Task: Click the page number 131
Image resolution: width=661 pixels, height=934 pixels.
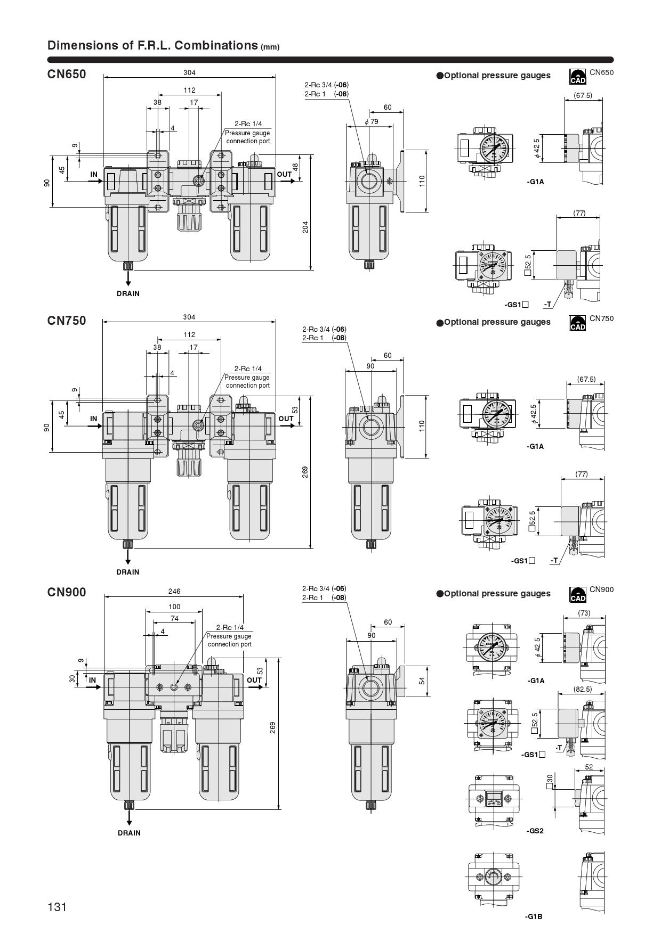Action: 57,907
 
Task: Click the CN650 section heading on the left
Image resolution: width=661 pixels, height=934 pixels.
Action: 67,74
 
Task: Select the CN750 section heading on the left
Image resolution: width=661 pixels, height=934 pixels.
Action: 67,321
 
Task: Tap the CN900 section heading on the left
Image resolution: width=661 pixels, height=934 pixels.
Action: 67,592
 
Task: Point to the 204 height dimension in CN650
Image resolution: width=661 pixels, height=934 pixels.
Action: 305,227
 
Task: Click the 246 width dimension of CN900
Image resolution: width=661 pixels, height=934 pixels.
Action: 174,591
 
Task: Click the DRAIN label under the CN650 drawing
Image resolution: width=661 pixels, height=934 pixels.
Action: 128,293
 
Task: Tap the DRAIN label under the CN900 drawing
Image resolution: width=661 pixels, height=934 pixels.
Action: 129,833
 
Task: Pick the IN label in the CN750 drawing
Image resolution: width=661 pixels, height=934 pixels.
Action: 94,419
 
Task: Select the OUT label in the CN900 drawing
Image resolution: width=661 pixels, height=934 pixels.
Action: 254,680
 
